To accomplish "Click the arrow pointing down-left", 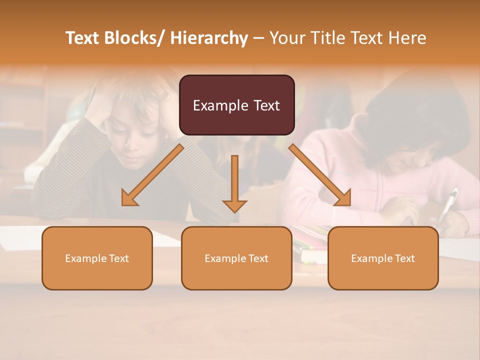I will click(x=152, y=175).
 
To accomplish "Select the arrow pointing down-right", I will click(x=320, y=175).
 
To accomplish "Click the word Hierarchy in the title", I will click(x=209, y=38).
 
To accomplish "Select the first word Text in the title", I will click(x=83, y=38).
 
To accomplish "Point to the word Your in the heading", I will click(x=287, y=38).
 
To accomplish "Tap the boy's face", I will click(x=137, y=142).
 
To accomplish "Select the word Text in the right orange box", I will click(x=404, y=258).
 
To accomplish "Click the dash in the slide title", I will click(x=258, y=38).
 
